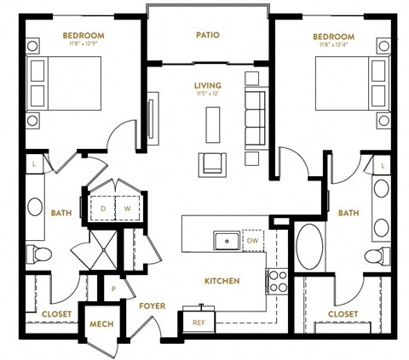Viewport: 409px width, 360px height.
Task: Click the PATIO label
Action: (207, 36)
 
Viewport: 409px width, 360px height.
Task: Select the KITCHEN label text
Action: (221, 280)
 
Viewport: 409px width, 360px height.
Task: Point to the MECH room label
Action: (101, 325)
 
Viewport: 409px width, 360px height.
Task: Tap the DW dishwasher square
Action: (253, 240)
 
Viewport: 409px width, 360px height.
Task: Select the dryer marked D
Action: (103, 207)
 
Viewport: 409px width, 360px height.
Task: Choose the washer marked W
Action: (125, 207)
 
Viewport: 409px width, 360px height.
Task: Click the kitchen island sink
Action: (227, 241)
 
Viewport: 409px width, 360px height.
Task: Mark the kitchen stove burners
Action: (277, 280)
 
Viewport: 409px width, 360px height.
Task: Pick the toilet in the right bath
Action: (373, 256)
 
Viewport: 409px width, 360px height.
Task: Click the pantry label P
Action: (112, 289)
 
